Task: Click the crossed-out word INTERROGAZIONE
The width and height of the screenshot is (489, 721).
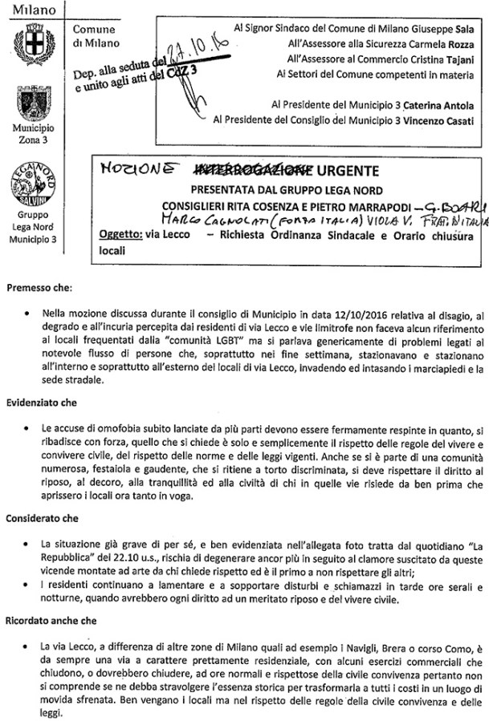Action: (x=238, y=171)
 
